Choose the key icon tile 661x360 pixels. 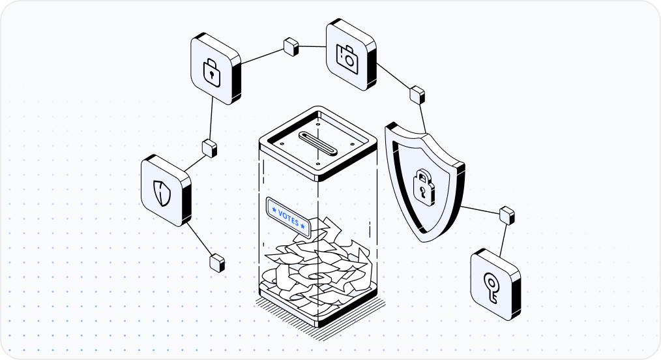tap(493, 282)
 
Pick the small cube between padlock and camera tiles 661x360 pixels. tap(291, 46)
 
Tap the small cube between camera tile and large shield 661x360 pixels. tap(417, 94)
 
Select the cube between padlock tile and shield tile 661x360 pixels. tap(209, 147)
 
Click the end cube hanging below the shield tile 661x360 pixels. tap(217, 262)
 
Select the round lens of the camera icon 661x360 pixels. tap(349, 61)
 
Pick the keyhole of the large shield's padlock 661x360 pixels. tap(424, 190)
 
